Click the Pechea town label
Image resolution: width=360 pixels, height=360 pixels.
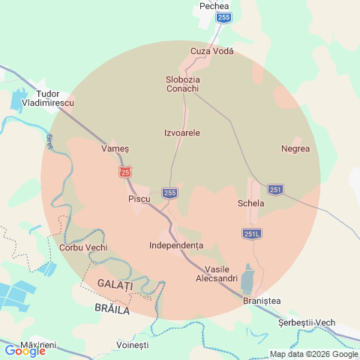coord(214,6)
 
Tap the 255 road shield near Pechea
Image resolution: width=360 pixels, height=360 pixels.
coord(223,16)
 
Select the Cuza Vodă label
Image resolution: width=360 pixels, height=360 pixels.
coord(212,51)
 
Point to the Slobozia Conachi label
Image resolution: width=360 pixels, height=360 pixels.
coord(182,83)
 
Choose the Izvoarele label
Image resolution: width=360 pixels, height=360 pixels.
coord(182,133)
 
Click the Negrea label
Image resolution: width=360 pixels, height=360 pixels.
coord(295,148)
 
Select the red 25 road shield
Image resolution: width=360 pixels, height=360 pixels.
coord(124,172)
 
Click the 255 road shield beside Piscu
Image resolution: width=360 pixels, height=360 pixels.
coord(170,193)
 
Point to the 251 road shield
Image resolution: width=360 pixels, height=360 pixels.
coord(275,190)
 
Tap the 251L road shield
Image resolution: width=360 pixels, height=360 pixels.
coord(252,234)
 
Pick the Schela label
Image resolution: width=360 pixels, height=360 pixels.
coord(250,203)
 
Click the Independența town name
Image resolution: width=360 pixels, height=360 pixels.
coord(176,245)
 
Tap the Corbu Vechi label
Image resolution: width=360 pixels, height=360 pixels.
coord(82,247)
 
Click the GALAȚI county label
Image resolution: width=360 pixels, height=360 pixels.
coord(115,285)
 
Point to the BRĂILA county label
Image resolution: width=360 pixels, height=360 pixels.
coord(112,309)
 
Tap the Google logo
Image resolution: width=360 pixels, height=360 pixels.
coord(25,350)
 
